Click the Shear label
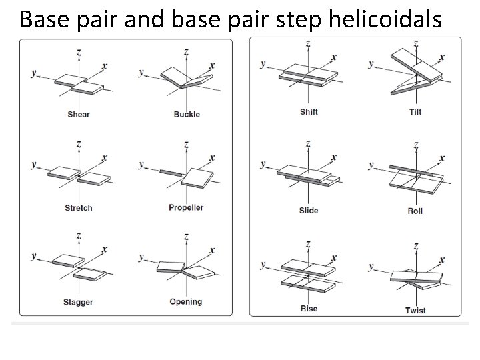(x=79, y=115)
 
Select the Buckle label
(x=187, y=115)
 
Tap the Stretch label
(x=79, y=208)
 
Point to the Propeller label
(x=186, y=207)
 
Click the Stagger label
(x=79, y=302)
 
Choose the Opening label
(x=186, y=302)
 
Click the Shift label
(x=309, y=111)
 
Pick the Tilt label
(x=415, y=111)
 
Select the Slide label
(x=309, y=211)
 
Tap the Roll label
(x=415, y=211)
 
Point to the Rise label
(x=309, y=309)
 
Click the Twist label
(x=415, y=310)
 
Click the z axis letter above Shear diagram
(x=79, y=51)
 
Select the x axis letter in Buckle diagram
(x=213, y=65)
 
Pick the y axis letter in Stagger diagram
(x=34, y=255)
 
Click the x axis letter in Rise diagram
(x=334, y=258)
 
